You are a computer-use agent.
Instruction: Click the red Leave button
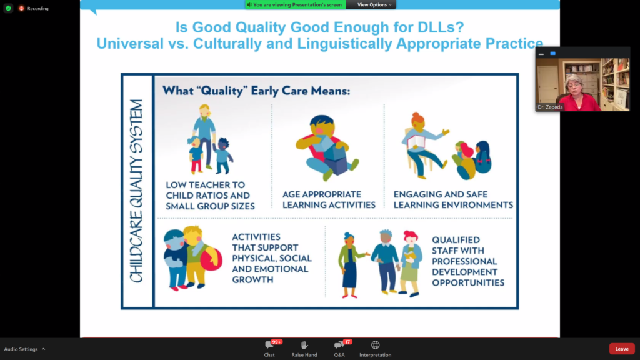click(622, 349)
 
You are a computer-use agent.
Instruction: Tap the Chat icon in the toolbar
click(269, 345)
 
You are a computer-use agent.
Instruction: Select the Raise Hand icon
click(304, 345)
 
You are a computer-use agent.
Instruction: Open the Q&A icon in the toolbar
click(339, 345)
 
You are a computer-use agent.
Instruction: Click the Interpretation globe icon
click(375, 345)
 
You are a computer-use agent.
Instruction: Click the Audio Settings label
click(21, 349)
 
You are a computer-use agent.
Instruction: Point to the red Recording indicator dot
click(21, 8)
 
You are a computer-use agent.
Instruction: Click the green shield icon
click(8, 8)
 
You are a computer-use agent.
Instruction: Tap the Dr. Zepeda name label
click(550, 107)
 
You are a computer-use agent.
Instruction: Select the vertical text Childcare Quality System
click(137, 191)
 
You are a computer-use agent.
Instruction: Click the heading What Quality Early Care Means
click(256, 90)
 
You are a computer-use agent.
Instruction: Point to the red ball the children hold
click(211, 259)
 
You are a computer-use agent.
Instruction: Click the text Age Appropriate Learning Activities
click(329, 199)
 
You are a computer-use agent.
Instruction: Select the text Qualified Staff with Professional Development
click(468, 261)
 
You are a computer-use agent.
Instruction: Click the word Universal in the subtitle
click(130, 44)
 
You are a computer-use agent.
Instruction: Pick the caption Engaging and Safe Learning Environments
click(453, 199)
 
